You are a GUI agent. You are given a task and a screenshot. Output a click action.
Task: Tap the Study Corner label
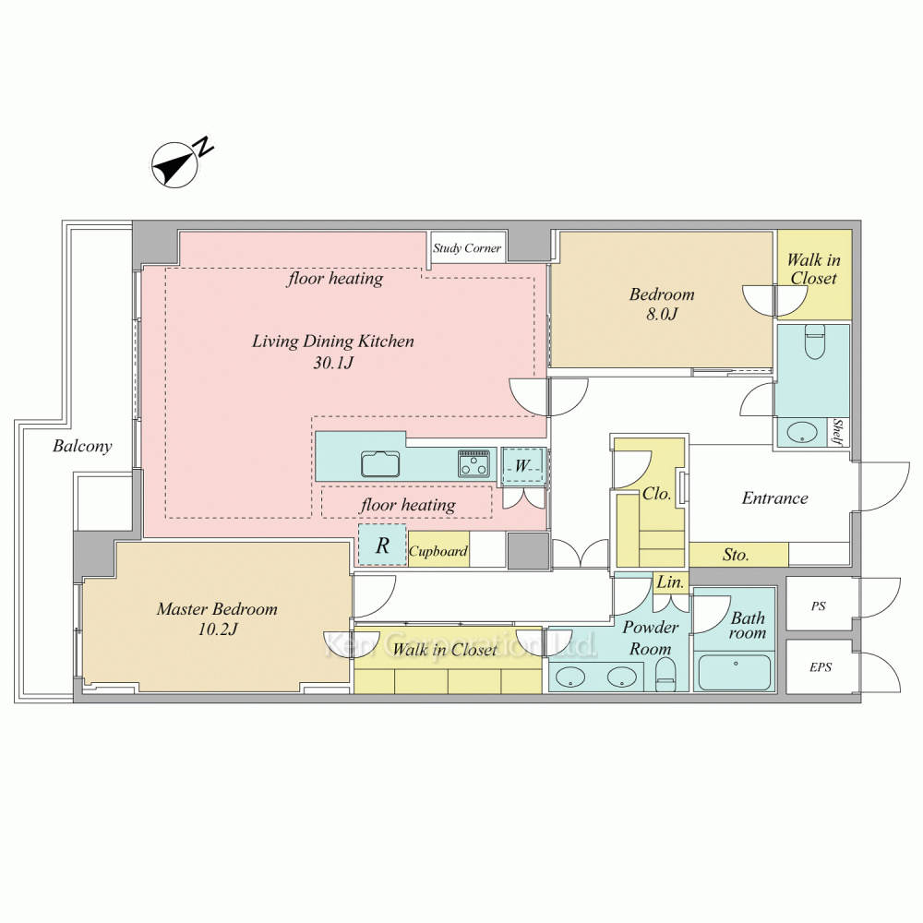[x=467, y=248]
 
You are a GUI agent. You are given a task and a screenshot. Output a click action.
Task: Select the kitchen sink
[x=380, y=464]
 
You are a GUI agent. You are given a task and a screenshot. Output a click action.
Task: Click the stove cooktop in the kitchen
[x=473, y=463]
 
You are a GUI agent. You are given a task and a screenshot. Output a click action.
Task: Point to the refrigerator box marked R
[x=383, y=545]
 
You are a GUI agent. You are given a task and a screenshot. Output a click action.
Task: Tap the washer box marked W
[x=522, y=466]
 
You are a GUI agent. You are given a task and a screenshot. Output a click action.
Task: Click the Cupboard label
[x=438, y=552]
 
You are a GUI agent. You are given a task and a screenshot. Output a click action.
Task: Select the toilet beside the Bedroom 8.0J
[x=815, y=342]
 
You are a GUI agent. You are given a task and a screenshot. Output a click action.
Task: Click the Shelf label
[x=838, y=432]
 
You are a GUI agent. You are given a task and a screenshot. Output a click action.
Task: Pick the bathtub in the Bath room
[x=735, y=673]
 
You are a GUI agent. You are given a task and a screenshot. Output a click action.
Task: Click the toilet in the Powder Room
[x=665, y=675]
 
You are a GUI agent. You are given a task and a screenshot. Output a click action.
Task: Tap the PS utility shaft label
[x=818, y=606]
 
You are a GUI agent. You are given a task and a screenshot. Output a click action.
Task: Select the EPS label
[x=821, y=667]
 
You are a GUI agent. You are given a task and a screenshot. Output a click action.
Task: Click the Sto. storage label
[x=736, y=555]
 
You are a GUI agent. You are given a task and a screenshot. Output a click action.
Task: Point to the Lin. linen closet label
[x=670, y=582]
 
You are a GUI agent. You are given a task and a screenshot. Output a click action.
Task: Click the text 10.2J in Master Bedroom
[x=218, y=629]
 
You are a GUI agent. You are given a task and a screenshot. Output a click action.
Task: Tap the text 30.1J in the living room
[x=333, y=363]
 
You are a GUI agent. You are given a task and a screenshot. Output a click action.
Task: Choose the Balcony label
[x=82, y=446]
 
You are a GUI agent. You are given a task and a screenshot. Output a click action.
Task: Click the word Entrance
[x=774, y=498]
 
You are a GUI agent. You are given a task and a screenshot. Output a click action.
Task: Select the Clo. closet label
[x=656, y=493]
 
